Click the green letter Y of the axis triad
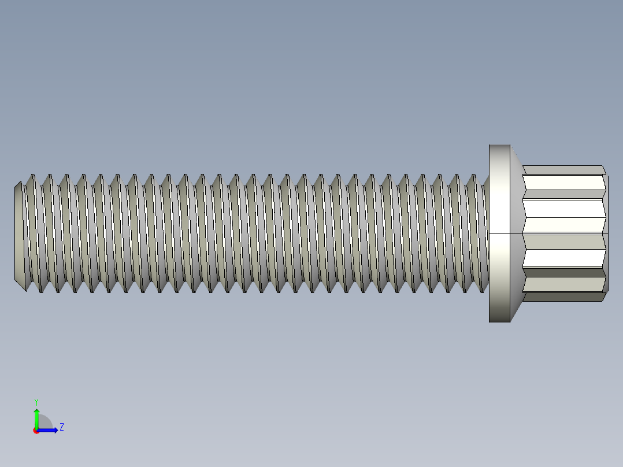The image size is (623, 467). pyautogui.click(x=36, y=401)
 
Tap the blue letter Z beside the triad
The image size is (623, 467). pyautogui.click(x=61, y=427)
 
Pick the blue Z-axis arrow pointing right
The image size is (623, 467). pyautogui.click(x=49, y=430)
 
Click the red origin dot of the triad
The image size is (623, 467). pyautogui.click(x=36, y=431)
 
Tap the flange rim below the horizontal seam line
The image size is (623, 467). pyautogui.click(x=499, y=277)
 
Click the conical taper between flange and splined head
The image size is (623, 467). pyautogui.click(x=516, y=231)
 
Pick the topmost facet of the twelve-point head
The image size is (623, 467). pyautogui.click(x=563, y=169)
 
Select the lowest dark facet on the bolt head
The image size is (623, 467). pyautogui.click(x=563, y=297)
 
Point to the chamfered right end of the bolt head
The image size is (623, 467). pyautogui.click(x=605, y=233)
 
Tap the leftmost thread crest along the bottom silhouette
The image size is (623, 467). pyautogui.click(x=40, y=290)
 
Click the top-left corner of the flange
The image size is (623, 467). pyautogui.click(x=489, y=146)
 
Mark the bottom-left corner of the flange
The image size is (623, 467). pyautogui.click(x=489, y=321)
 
